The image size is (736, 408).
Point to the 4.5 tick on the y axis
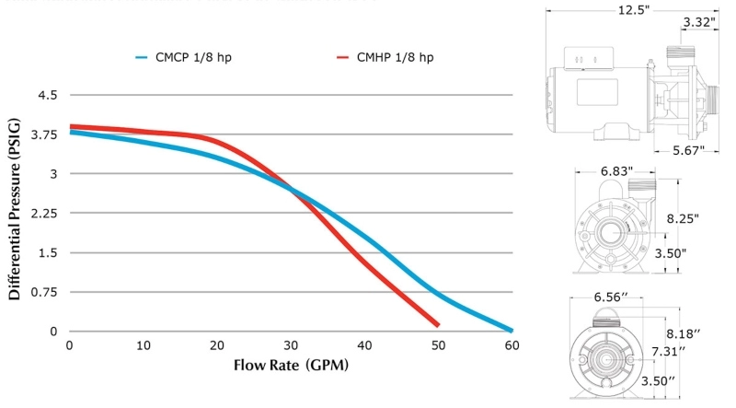(47, 95)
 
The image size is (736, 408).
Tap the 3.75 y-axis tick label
(44, 134)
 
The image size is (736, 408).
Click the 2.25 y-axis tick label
(44, 214)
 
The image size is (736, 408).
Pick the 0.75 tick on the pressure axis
(44, 292)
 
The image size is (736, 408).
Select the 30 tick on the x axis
(291, 345)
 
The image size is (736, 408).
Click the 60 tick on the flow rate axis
(512, 345)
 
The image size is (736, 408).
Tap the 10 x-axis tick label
(144, 345)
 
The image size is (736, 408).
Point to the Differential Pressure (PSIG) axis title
(16, 213)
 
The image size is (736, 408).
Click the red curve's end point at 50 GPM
(437, 324)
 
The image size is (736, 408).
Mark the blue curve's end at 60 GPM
(511, 330)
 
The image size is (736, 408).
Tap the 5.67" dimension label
(687, 149)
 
